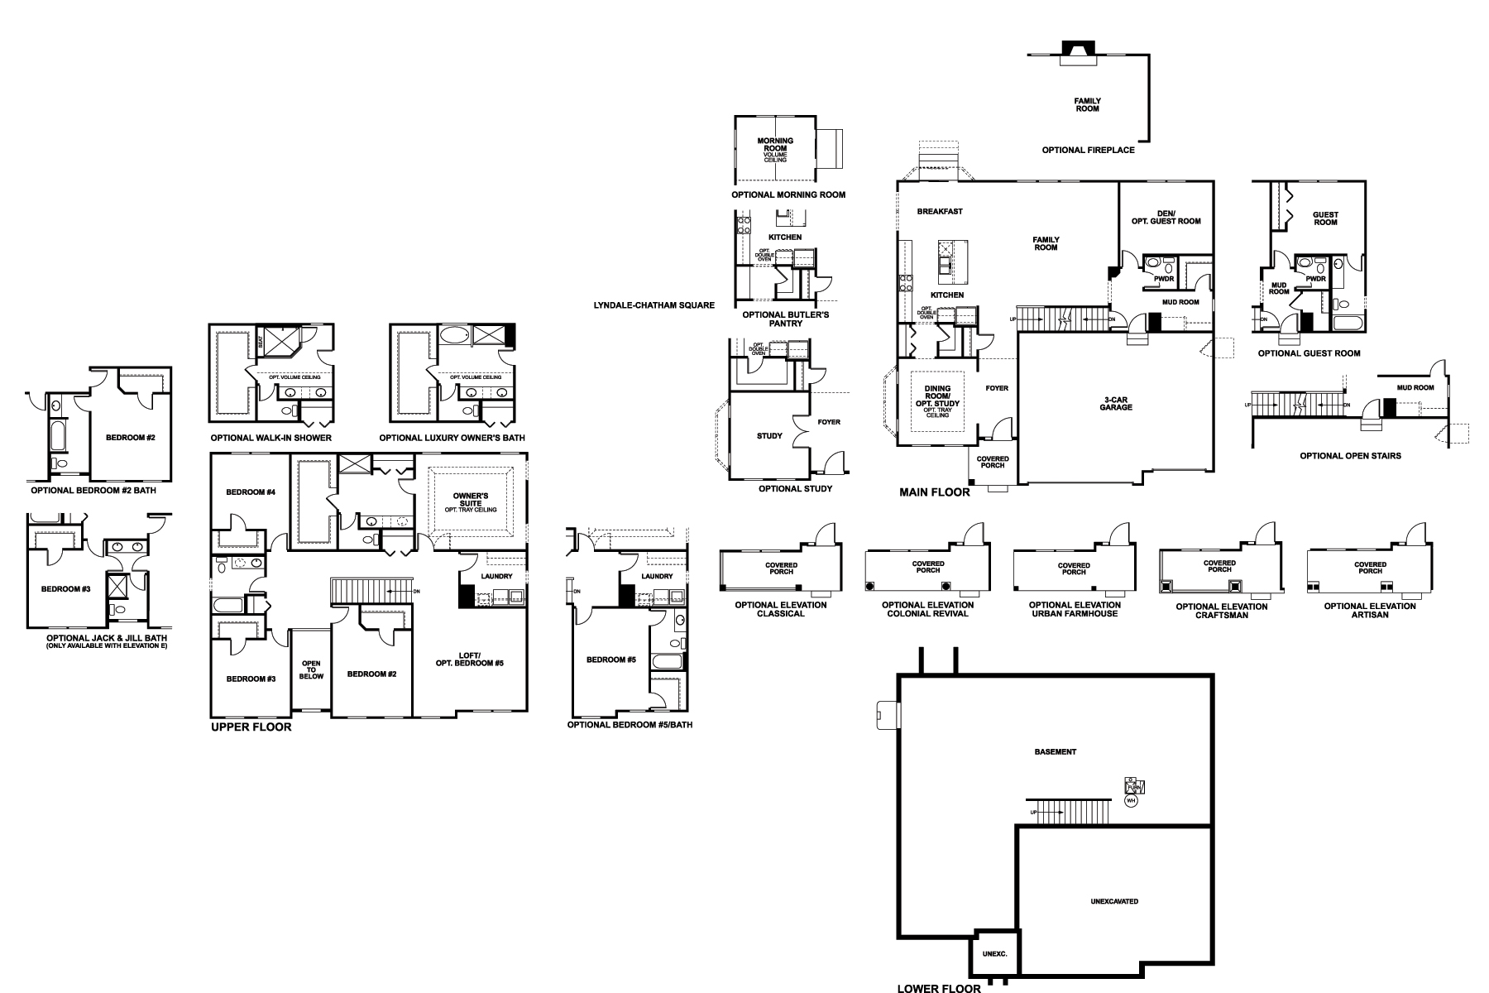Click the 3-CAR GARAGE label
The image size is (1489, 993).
[x=1115, y=404]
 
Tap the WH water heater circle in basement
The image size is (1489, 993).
[x=1131, y=800]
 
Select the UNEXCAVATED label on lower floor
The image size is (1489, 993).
[x=1115, y=901]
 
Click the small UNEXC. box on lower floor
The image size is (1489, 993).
[x=994, y=954]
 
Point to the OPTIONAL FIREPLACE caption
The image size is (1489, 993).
[x=1088, y=151]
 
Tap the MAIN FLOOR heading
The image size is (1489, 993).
[x=934, y=492]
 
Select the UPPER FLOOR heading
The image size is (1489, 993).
[x=251, y=727]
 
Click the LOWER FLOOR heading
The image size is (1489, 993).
[x=939, y=988]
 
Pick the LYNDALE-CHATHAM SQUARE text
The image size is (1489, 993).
[x=654, y=305]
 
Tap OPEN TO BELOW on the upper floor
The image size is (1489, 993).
[x=311, y=670]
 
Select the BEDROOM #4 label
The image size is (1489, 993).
[x=251, y=492]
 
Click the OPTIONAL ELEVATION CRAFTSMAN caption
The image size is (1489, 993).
[x=1221, y=611]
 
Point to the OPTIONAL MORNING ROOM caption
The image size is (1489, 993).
[x=788, y=195]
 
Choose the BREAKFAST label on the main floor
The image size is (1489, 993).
[x=940, y=212]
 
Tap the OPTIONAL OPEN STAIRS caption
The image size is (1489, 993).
[x=1350, y=456]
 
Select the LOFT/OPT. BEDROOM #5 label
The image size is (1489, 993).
[x=469, y=659]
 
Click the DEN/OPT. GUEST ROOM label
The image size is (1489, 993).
[x=1166, y=217]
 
